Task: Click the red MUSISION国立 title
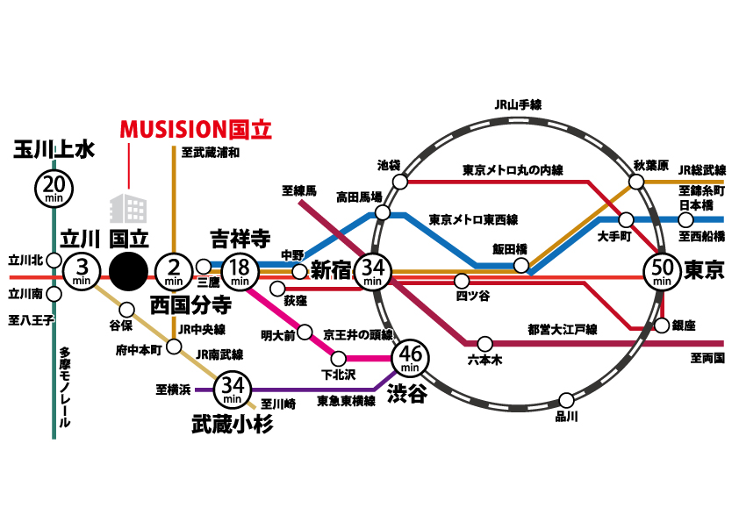pyautogui.click(x=196, y=130)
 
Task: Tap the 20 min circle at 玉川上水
pyautogui.click(x=54, y=189)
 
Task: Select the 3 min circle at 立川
pyautogui.click(x=82, y=271)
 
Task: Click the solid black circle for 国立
pyautogui.click(x=128, y=271)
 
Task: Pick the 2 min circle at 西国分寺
pyautogui.click(x=174, y=271)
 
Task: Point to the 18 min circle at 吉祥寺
pyautogui.click(x=240, y=271)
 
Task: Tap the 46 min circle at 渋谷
pyautogui.click(x=411, y=358)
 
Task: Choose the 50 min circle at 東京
pyautogui.click(x=662, y=271)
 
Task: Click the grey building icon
pyautogui.click(x=128, y=208)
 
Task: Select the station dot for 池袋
pyautogui.click(x=400, y=182)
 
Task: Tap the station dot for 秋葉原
pyautogui.click(x=636, y=182)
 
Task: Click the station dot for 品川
pyautogui.click(x=566, y=401)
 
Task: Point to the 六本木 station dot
pyautogui.click(x=485, y=343)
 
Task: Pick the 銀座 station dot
pyautogui.click(x=662, y=325)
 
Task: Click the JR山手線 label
pyautogui.click(x=518, y=104)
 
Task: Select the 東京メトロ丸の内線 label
pyautogui.click(x=513, y=170)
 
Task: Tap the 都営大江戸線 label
pyautogui.click(x=563, y=329)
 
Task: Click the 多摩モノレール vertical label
pyautogui.click(x=65, y=388)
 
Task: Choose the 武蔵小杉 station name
pyautogui.click(x=233, y=424)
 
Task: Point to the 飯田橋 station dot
pyautogui.click(x=520, y=265)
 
